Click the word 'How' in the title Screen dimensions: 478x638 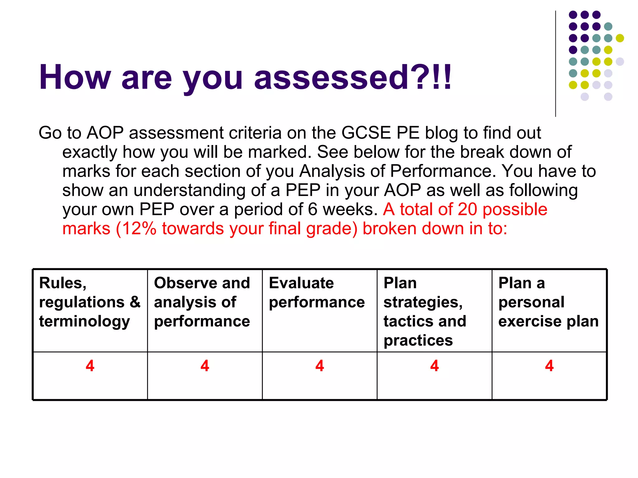[x=75, y=77]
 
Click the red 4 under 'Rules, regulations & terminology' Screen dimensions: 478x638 [x=90, y=366]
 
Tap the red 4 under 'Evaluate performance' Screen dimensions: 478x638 [x=320, y=366]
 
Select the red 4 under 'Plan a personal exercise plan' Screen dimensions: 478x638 [x=549, y=366]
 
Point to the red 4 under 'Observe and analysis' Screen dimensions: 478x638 [x=205, y=366]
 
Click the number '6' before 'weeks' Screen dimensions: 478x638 [x=312, y=209]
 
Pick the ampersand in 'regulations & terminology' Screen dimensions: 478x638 [x=135, y=302]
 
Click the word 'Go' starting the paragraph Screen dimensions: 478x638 [x=50, y=133]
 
